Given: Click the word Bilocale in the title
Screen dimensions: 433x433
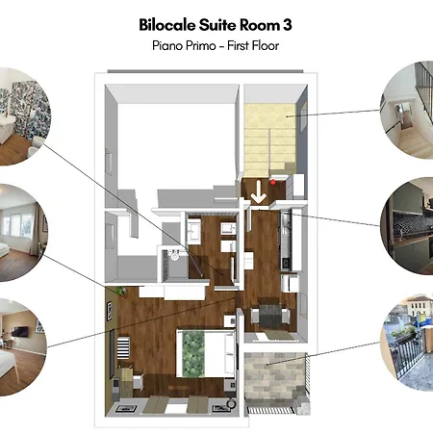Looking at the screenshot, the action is [x=166, y=25].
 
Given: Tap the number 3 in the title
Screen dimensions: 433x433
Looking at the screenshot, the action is [x=287, y=25].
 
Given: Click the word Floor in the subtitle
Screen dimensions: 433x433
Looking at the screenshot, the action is [x=266, y=45].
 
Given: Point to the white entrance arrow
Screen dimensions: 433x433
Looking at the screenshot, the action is [x=258, y=191].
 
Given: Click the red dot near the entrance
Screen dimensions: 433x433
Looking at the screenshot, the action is [x=273, y=182].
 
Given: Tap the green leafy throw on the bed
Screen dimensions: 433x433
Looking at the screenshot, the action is [x=193, y=354].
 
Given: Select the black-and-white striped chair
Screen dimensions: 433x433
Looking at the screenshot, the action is [x=123, y=347].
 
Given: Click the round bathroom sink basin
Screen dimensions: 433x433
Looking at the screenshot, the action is [x=175, y=256].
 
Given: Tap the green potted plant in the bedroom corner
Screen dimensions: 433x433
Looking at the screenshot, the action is [x=121, y=291].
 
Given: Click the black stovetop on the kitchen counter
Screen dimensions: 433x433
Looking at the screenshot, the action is [x=285, y=264].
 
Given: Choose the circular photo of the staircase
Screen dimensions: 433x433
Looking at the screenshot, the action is [x=406, y=110].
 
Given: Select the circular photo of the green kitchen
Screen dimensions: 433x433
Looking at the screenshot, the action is [x=406, y=226].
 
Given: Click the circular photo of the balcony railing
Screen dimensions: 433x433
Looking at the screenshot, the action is [x=406, y=342].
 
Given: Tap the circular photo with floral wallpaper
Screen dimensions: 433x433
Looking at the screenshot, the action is [x=25, y=116].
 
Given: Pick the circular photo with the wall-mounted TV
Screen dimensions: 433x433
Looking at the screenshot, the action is [x=23, y=347].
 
